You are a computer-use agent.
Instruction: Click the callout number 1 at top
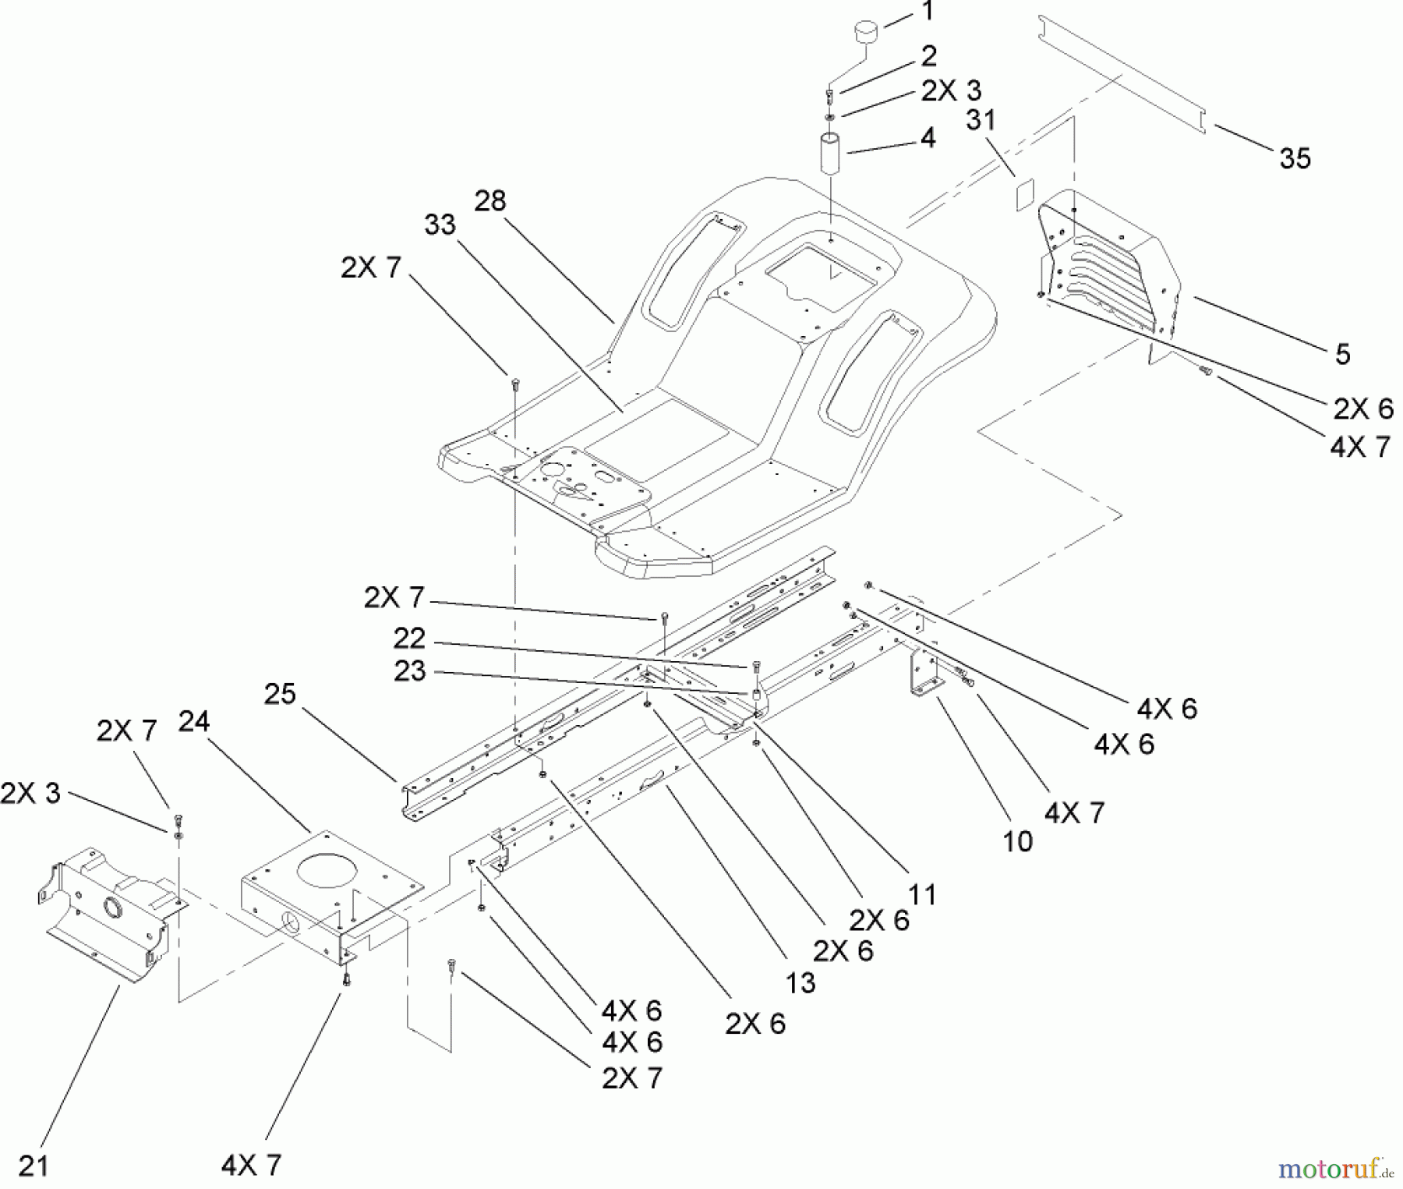coord(927,12)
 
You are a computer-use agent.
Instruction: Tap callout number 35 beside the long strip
coord(1295,159)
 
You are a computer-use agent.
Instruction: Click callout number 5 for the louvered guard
coord(1342,354)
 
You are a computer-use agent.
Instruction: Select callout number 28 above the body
coord(490,201)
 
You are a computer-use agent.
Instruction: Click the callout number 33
coord(440,225)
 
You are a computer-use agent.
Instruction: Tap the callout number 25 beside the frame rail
coord(280,694)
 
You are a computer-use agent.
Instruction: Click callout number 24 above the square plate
coord(194,721)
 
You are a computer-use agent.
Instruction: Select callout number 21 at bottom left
coord(34,1166)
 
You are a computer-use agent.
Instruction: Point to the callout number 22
coord(409,639)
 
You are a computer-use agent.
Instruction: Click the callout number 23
coord(410,671)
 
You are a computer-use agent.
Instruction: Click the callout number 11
coord(923,894)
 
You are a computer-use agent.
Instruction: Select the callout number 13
coord(800,982)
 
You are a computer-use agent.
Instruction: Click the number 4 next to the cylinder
coord(928,138)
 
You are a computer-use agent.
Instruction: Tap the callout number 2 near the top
coord(928,56)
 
